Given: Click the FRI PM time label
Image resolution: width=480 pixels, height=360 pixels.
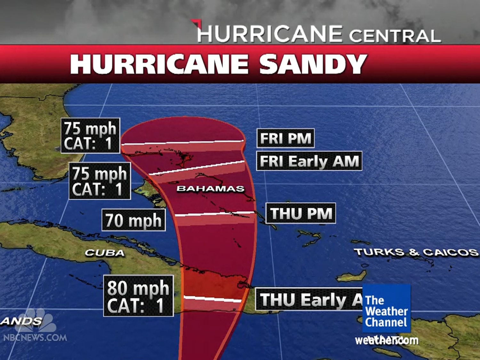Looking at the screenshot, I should click(285, 138).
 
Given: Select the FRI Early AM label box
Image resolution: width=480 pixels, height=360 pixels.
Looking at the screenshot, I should click(309, 161).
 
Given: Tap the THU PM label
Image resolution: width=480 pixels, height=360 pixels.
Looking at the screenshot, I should click(301, 213).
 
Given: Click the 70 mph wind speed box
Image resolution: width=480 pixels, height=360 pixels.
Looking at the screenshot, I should click(133, 220).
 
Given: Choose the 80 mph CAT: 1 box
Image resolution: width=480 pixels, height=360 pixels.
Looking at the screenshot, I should click(138, 296).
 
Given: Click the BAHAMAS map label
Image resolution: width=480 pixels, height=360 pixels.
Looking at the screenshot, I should click(210, 189).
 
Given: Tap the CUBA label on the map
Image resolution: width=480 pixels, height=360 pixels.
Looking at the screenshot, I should click(105, 253).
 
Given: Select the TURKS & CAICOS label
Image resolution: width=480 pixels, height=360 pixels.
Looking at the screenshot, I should click(416, 252).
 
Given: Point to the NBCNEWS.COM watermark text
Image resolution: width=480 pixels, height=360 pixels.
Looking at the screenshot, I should click(35, 337).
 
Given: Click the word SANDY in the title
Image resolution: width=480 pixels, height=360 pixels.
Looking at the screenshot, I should click(313, 64).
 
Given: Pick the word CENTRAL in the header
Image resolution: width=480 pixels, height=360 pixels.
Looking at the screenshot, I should click(395, 36).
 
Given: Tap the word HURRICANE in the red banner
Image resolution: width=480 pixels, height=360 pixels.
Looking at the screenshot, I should click(159, 64).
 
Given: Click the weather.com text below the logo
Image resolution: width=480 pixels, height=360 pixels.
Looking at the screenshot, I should click(387, 340).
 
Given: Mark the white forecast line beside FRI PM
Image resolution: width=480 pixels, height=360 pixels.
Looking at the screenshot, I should click(182, 142).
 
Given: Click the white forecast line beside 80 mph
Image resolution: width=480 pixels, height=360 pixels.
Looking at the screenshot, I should click(213, 299).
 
